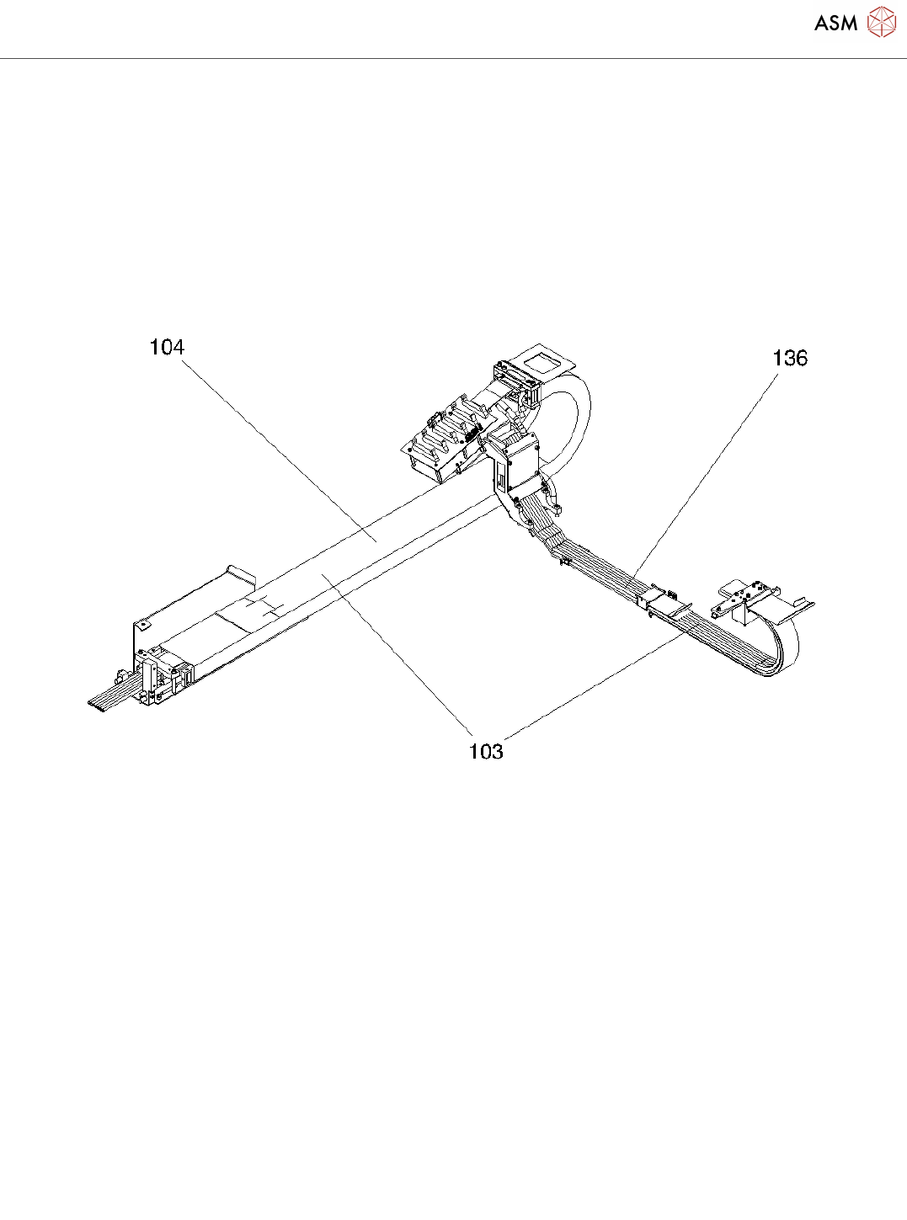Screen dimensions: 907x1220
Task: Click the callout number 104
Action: pyautogui.click(x=167, y=347)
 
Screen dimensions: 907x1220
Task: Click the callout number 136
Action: pyautogui.click(x=789, y=358)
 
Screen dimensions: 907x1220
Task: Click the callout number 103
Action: pyautogui.click(x=486, y=751)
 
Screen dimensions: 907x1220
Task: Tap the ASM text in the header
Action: pyautogui.click(x=835, y=24)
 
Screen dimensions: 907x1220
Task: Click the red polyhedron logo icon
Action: pyautogui.click(x=881, y=22)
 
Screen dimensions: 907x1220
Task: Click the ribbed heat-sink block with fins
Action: pyautogui.click(x=442, y=442)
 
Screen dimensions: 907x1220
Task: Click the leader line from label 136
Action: pyautogui.click(x=707, y=471)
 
